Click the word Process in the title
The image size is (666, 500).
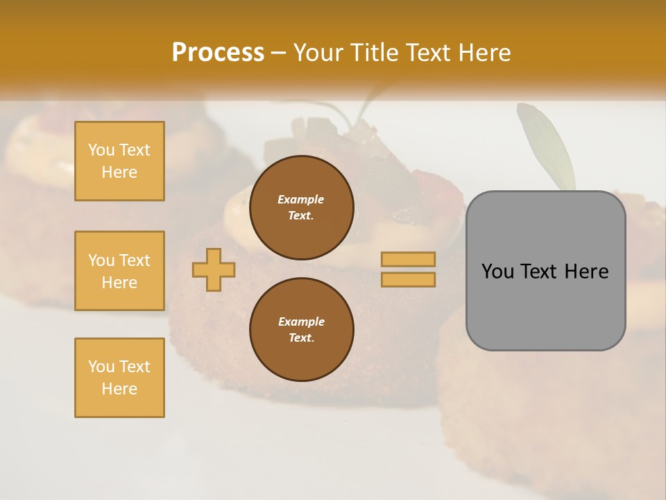click(x=218, y=53)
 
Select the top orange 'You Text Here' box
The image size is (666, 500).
click(x=119, y=161)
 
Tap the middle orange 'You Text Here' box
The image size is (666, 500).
click(x=119, y=271)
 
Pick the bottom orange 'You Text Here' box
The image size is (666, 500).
click(x=119, y=378)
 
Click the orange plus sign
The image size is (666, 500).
click(x=214, y=269)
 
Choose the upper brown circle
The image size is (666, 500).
click(x=301, y=207)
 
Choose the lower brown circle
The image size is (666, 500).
click(x=301, y=329)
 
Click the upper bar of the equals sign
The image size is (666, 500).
click(x=408, y=259)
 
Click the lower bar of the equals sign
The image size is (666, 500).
click(x=408, y=280)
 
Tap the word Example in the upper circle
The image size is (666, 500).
click(x=301, y=199)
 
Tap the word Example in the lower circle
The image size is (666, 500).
click(x=301, y=322)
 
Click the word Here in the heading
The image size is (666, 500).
click(x=484, y=53)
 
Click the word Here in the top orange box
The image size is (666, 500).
click(x=119, y=172)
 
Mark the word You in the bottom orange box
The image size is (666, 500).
click(x=101, y=367)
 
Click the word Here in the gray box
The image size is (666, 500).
click(x=586, y=272)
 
